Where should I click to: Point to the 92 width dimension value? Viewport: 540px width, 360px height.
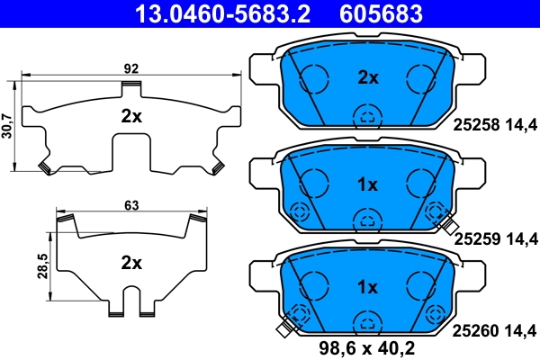point(130,66)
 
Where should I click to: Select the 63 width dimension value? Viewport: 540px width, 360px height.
point(131,206)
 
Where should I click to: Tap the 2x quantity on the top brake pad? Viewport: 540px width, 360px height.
point(367,77)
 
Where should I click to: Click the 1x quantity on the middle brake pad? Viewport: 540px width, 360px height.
point(367,184)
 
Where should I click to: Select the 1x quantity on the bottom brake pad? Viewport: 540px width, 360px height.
point(367,287)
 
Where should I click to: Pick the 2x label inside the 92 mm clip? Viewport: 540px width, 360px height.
point(131,116)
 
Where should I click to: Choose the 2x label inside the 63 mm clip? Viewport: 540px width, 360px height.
point(131,263)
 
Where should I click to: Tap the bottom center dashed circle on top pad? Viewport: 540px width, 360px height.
point(366,115)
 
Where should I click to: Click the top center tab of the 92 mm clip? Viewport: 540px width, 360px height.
point(131,86)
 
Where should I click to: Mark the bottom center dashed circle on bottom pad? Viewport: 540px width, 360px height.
point(366,322)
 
